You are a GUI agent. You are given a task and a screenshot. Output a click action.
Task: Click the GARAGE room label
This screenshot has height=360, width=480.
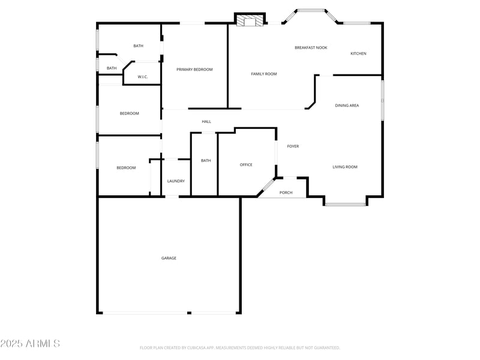[x=169, y=258]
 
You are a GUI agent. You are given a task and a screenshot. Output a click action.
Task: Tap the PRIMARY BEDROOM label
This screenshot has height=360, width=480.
[x=194, y=70]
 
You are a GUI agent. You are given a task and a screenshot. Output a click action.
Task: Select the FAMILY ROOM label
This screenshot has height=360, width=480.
[x=264, y=74]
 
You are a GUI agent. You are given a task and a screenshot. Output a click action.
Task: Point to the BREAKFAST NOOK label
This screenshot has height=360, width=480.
[x=311, y=47]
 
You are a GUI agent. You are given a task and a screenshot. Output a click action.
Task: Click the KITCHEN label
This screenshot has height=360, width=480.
[x=358, y=53]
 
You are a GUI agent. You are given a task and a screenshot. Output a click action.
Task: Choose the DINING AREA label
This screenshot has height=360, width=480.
[x=347, y=106]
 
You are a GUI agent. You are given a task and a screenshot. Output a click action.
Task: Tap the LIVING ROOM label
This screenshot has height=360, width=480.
[x=345, y=167]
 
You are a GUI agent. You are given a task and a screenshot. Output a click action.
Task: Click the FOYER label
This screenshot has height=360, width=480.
[x=293, y=146]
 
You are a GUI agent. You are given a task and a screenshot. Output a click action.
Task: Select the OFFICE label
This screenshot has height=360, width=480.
[x=246, y=164]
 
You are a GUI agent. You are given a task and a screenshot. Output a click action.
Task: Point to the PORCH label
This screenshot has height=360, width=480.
[x=286, y=193]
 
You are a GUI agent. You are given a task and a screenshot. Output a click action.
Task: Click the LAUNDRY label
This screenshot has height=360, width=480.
[x=176, y=181]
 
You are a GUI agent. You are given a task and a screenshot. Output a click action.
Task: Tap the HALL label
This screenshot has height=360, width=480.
[x=206, y=122]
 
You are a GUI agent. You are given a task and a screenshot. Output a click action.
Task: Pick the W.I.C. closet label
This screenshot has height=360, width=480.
[x=143, y=77]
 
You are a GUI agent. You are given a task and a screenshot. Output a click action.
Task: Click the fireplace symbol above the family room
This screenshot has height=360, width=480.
[x=249, y=22]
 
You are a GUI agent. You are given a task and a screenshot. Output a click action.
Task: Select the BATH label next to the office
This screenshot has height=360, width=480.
[x=206, y=160]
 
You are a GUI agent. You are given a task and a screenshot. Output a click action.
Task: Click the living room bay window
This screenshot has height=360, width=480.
[x=345, y=205]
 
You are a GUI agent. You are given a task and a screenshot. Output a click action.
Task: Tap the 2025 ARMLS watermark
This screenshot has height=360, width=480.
[x=30, y=344]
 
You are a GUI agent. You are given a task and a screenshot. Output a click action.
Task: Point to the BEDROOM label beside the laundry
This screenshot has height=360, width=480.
[x=126, y=168]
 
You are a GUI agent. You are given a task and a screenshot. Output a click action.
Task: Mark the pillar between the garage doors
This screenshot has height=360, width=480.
[x=189, y=313]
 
